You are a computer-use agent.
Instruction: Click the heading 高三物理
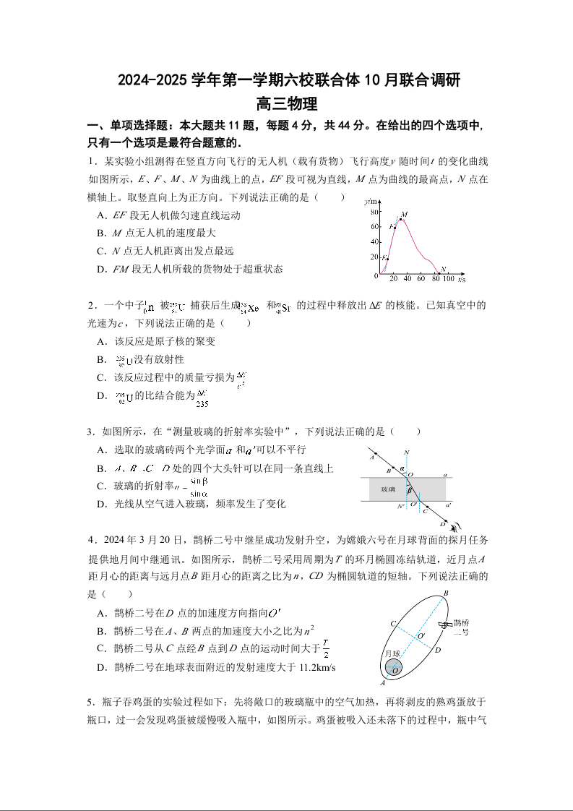point(286,106)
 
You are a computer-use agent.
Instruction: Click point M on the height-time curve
point(401,218)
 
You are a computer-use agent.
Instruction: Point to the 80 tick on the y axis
point(374,212)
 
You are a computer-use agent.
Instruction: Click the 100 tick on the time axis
point(448,279)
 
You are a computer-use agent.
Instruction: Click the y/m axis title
point(371,200)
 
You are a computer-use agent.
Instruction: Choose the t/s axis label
point(460,279)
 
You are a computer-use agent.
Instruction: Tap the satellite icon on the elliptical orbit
point(442,624)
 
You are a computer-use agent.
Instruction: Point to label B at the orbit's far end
point(446,593)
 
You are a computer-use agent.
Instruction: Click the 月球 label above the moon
point(392,653)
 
